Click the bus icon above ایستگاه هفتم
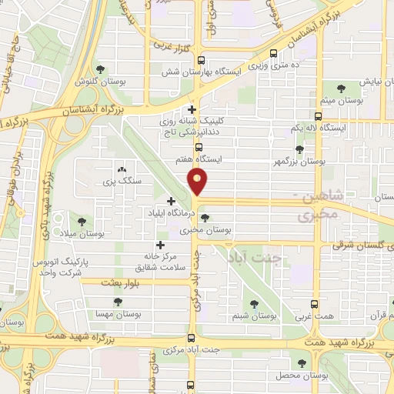pos(199,146)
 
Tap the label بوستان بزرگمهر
pos(311,162)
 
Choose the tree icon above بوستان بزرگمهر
pos(299,150)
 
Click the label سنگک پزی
pos(120,182)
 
